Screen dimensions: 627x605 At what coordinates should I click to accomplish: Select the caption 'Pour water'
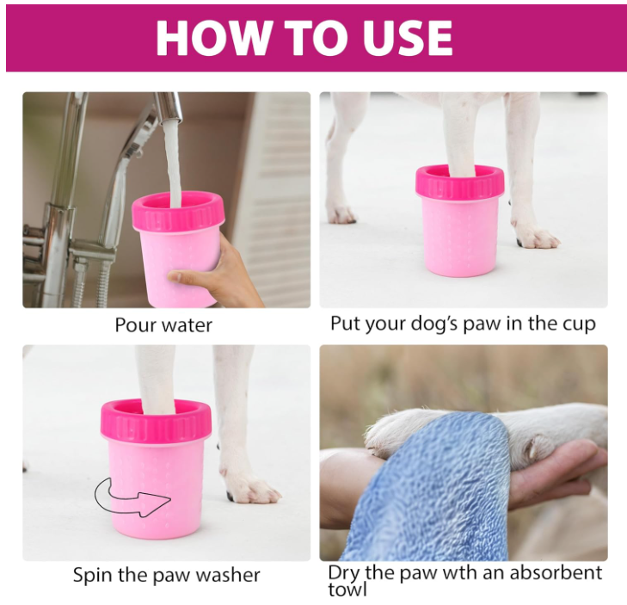tap(163, 325)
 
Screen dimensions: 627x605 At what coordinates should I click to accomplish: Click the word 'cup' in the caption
tap(580, 324)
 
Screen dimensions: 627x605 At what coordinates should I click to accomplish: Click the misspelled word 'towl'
tap(347, 590)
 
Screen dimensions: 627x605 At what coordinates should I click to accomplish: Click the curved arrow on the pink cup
tap(132, 497)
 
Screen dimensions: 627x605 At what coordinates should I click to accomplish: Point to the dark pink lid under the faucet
tap(178, 213)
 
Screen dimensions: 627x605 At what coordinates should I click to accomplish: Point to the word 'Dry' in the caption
tap(345, 573)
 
